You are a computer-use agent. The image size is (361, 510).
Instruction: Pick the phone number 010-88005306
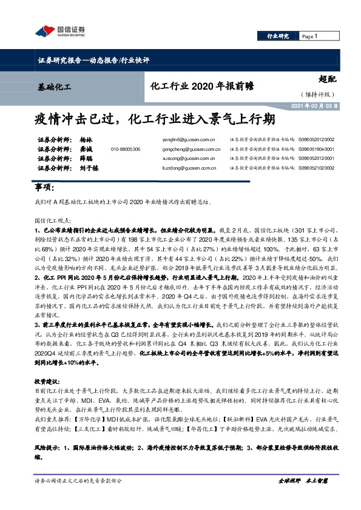pos(126,149)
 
